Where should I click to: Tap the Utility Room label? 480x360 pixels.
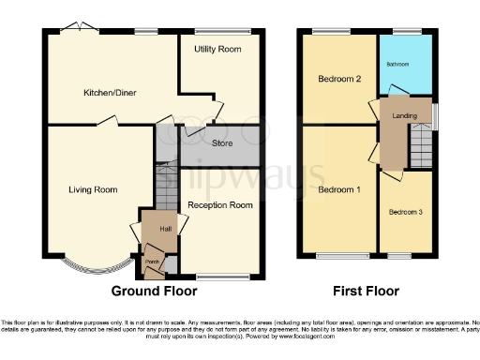point(218,48)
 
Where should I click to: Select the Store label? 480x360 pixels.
point(222,143)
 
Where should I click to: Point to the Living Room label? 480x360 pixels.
point(93,189)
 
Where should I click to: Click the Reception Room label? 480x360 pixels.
point(220,204)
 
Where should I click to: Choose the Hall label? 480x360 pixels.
point(164,228)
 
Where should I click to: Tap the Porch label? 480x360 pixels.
point(150,261)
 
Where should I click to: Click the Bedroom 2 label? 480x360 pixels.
point(338,79)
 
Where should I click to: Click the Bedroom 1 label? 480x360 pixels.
point(337,189)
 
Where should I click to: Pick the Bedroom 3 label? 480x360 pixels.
point(406,212)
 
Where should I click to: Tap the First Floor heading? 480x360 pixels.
point(367,291)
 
